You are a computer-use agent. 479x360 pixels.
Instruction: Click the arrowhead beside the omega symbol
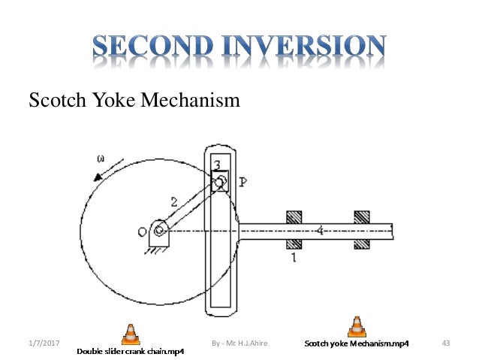tap(96, 177)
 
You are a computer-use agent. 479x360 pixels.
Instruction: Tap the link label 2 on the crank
tap(173, 201)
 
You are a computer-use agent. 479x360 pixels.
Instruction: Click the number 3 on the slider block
tap(216, 166)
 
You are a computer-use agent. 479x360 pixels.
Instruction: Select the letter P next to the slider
tap(243, 182)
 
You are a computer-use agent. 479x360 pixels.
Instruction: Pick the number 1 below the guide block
tap(294, 257)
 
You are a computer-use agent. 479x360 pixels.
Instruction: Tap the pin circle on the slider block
tap(221, 181)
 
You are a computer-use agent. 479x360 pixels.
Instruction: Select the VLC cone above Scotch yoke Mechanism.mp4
tap(356, 327)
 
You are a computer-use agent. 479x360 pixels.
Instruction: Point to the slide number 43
tap(446, 343)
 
